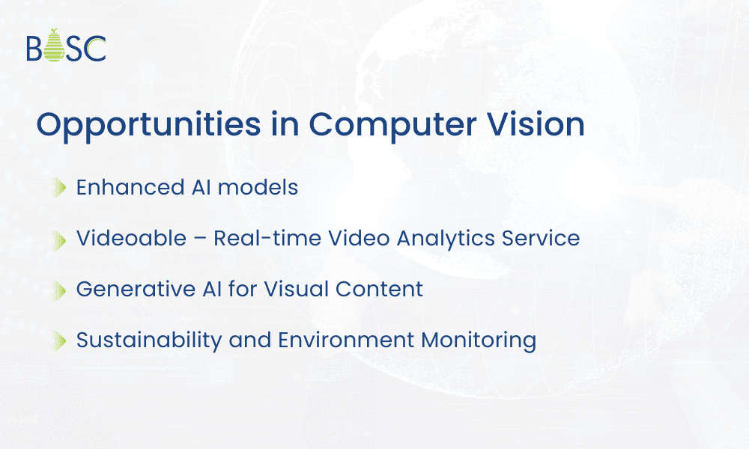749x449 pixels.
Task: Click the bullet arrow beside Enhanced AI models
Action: tap(59, 188)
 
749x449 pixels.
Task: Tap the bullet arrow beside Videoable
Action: tap(59, 239)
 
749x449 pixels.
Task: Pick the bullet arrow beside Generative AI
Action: tap(59, 290)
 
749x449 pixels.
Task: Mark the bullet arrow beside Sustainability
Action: tap(59, 340)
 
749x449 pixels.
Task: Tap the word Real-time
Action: tap(260, 238)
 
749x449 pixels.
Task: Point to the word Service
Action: tap(541, 238)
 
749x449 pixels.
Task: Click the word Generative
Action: tap(133, 289)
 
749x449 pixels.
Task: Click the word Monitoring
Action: tap(479, 340)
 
